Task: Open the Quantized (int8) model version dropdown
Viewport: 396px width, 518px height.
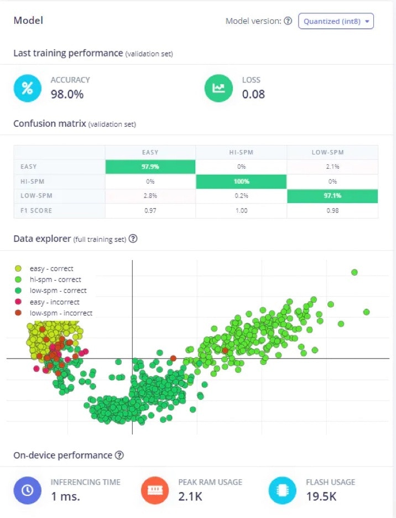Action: (x=336, y=21)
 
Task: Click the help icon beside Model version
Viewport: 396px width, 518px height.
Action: (x=288, y=21)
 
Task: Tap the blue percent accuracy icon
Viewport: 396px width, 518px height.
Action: (x=27, y=88)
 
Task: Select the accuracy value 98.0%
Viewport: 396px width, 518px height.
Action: (x=67, y=94)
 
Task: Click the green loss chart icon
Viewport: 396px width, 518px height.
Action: (x=218, y=88)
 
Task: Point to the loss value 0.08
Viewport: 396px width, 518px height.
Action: (x=253, y=94)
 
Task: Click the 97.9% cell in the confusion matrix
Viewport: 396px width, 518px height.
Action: (x=150, y=167)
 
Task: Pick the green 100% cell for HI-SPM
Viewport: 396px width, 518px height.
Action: (x=241, y=182)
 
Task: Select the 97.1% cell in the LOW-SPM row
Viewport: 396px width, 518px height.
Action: (x=332, y=196)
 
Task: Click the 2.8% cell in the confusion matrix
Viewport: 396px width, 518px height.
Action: (x=150, y=196)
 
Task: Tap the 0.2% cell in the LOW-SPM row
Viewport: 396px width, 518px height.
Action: (x=241, y=196)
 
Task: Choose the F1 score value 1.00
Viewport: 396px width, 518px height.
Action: (x=241, y=210)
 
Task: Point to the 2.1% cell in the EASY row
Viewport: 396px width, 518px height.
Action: (x=332, y=167)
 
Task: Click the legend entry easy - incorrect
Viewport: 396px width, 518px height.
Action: (x=54, y=302)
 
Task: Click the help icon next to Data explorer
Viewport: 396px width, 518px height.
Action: (x=133, y=239)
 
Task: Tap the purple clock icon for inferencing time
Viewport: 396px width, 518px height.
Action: (x=27, y=490)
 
